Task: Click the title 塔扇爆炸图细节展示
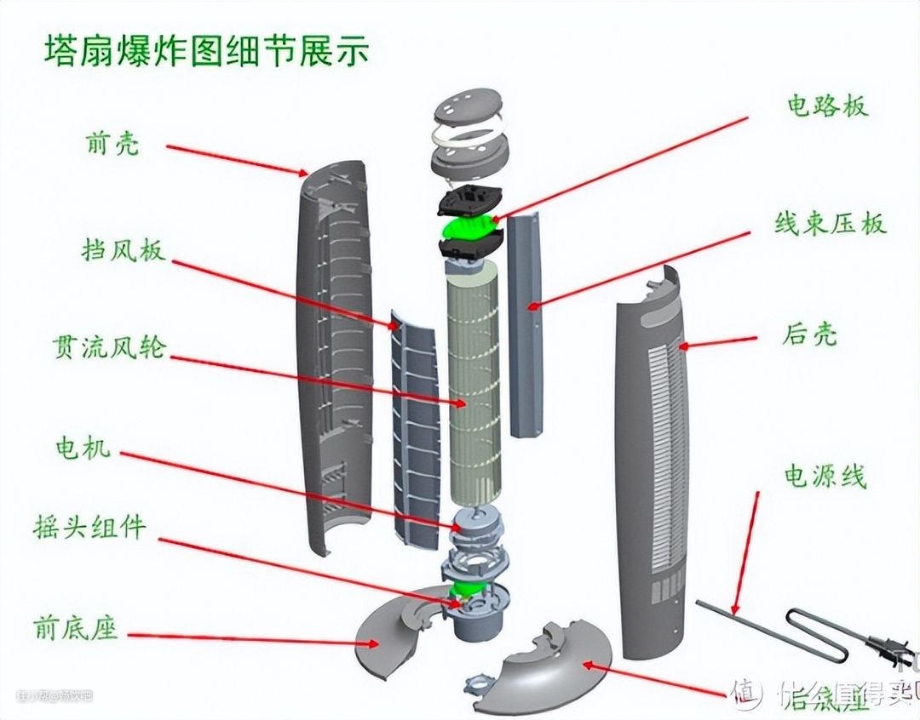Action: coord(206,52)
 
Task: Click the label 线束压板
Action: coord(830,223)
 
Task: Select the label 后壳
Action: coord(808,333)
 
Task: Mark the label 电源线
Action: coord(825,477)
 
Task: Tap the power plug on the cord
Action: coord(886,650)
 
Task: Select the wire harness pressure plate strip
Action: coord(525,323)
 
